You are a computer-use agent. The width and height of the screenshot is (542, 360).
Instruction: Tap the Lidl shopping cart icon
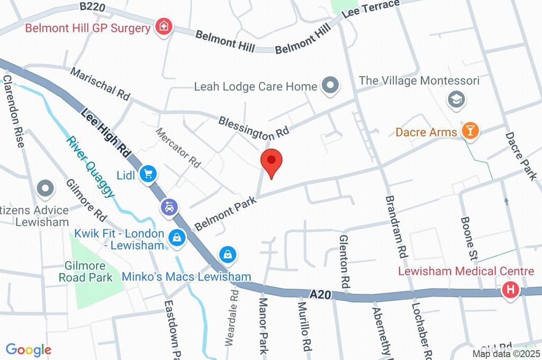[147, 174]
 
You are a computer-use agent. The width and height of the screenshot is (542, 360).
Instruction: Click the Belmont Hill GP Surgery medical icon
[163, 26]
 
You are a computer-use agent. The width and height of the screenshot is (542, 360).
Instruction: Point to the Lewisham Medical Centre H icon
[511, 290]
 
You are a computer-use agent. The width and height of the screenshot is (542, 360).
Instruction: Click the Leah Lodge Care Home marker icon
[331, 85]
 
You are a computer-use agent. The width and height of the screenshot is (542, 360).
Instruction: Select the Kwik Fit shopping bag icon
[176, 238]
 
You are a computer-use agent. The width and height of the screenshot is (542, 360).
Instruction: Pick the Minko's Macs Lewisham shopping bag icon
[228, 255]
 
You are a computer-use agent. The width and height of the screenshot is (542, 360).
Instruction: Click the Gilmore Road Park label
[85, 272]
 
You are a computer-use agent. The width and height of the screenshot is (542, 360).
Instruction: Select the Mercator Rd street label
[178, 147]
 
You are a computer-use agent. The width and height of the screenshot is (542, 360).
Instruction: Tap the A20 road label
[321, 294]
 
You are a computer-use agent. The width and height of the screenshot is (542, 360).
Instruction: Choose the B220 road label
[93, 7]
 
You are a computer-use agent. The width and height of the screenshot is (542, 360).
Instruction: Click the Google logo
[28, 349]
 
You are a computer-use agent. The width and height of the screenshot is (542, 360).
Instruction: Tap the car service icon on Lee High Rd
[169, 207]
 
